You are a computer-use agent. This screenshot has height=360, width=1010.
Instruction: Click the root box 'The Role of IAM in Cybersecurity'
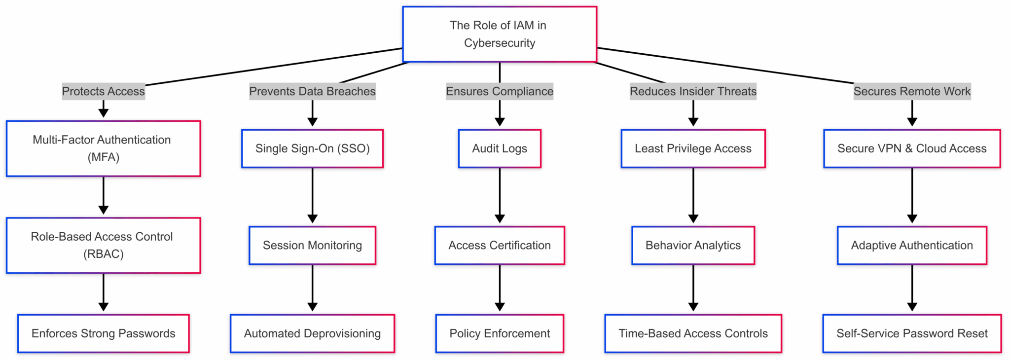(x=499, y=34)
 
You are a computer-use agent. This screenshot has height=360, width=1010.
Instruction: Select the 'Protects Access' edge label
(x=104, y=91)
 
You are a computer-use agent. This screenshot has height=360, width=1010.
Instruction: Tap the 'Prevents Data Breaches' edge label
(x=312, y=91)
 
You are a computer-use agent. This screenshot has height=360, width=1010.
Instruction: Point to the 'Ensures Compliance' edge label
(x=500, y=91)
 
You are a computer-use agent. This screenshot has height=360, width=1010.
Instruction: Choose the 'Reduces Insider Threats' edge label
(x=693, y=91)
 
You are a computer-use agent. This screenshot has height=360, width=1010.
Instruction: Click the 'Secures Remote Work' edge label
(x=912, y=91)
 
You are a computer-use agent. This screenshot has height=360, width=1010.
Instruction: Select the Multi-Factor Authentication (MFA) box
(x=104, y=148)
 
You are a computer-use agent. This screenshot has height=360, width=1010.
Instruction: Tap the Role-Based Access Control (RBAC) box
(x=104, y=245)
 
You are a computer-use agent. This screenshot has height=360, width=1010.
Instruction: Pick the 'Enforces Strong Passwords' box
(x=104, y=333)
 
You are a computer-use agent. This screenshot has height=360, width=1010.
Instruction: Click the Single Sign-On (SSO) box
(x=312, y=148)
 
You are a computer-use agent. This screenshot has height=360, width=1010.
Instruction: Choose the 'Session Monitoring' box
(x=312, y=245)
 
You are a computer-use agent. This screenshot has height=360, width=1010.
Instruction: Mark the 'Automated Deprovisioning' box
(x=312, y=333)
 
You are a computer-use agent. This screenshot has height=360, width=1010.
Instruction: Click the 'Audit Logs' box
(x=500, y=148)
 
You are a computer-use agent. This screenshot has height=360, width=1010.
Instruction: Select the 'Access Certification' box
(x=500, y=245)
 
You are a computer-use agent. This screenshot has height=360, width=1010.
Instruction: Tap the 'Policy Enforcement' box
(x=500, y=333)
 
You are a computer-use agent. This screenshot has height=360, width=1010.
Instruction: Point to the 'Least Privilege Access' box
(x=693, y=148)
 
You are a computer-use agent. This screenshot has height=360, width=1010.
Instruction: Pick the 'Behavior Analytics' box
(x=693, y=245)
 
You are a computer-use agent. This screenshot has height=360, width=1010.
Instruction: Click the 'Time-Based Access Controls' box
(x=693, y=333)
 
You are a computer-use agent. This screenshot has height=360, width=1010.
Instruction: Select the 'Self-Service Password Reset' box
(x=912, y=333)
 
